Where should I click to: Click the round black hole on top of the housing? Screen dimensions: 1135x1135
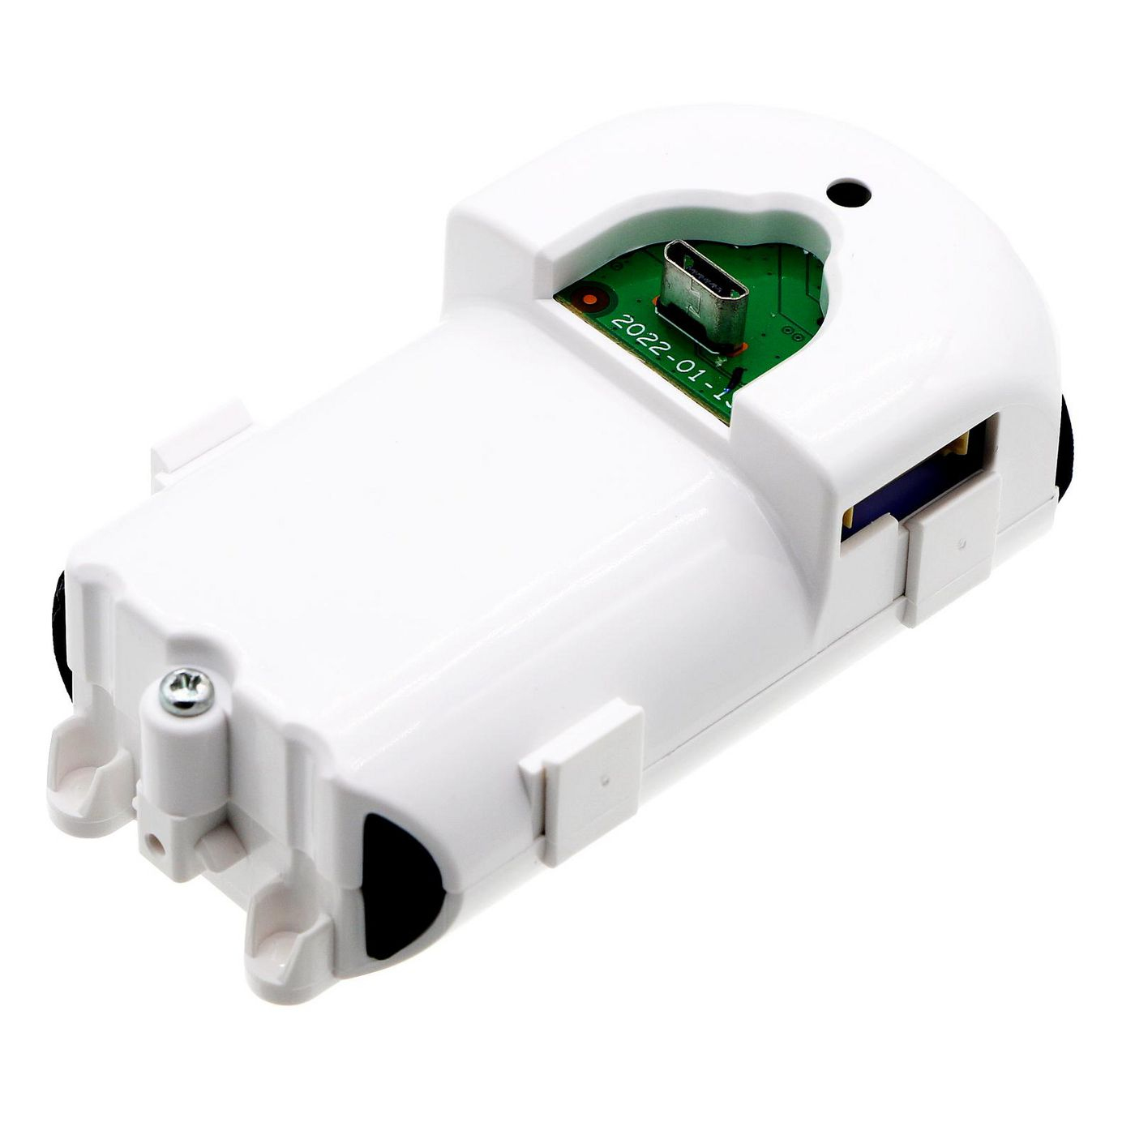point(848,195)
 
